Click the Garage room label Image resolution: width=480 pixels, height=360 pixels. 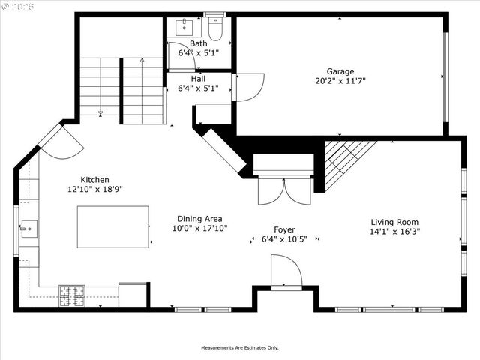coord(340,71)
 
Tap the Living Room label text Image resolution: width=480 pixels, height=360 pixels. coord(394,222)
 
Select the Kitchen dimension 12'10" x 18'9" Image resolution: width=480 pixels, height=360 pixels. coord(95,190)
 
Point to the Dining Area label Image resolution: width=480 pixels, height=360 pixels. coord(199,218)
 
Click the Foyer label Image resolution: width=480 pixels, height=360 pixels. coord(283,229)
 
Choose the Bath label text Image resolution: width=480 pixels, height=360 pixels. coord(198,43)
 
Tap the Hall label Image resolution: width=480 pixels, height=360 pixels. coord(198,78)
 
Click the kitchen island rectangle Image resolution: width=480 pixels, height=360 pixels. coord(112,226)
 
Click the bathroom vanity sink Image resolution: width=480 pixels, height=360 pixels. coord(184,28)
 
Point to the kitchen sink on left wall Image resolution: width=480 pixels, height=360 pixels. coord(28,228)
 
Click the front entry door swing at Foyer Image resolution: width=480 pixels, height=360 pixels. coord(286,271)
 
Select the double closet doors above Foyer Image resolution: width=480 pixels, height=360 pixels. coord(283,190)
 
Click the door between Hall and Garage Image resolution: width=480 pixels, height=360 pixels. coord(248,86)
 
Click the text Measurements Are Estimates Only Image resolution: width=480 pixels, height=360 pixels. coord(239,348)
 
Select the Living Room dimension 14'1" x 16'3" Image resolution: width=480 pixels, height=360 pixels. coord(394,232)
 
